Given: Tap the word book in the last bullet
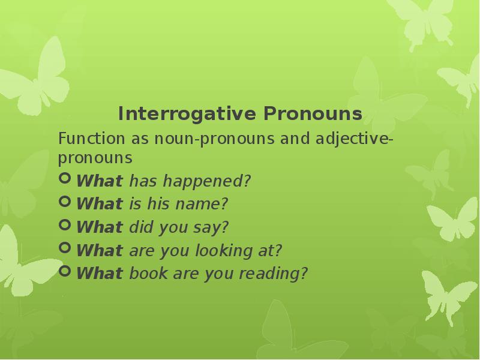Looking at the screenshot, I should click(x=148, y=274).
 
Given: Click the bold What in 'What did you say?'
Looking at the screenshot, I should click(x=100, y=227).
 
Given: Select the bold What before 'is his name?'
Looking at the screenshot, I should click(x=100, y=204).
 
